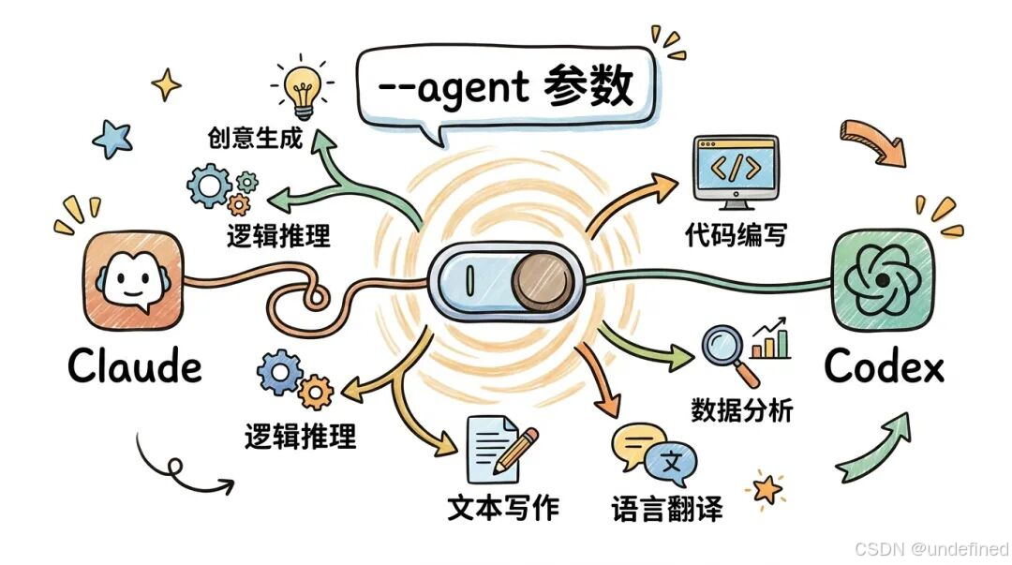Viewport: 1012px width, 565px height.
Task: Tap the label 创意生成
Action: [x=255, y=139]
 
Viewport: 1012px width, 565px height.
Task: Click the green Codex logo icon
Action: [x=884, y=278]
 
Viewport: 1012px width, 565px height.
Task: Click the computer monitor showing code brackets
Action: [x=736, y=170]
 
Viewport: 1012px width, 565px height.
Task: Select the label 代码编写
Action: [x=736, y=234]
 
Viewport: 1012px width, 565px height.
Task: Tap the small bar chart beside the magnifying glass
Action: [x=772, y=339]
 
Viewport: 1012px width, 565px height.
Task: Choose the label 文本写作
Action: [x=503, y=507]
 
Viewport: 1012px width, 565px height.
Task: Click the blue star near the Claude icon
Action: [x=112, y=139]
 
